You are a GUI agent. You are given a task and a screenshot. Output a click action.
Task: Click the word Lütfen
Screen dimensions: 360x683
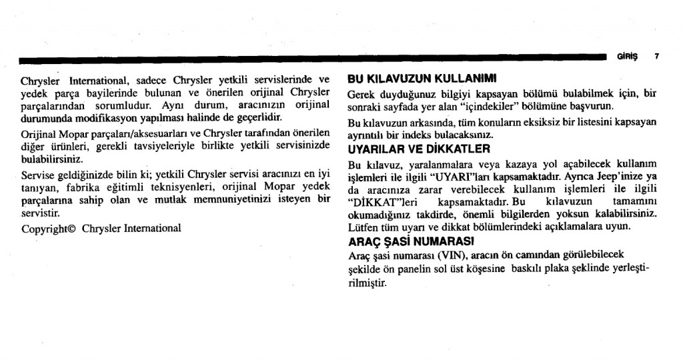pyautogui.click(x=364, y=227)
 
